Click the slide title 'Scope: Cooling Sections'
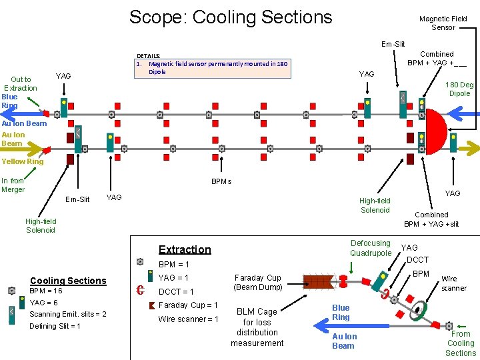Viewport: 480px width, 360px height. click(230, 17)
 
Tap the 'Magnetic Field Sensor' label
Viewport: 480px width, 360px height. click(443, 23)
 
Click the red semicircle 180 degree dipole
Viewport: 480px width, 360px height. click(440, 133)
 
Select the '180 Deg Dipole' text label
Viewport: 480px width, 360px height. click(459, 89)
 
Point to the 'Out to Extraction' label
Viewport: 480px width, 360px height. click(21, 83)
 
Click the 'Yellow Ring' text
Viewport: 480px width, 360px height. click(22, 161)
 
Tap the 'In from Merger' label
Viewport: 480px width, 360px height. click(13, 185)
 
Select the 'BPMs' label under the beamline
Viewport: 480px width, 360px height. click(221, 181)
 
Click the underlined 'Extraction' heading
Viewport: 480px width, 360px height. click(185, 249)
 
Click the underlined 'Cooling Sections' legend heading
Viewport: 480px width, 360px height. click(68, 281)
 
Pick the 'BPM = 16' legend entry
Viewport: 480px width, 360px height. click(46, 291)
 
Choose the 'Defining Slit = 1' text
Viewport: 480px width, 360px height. click(55, 326)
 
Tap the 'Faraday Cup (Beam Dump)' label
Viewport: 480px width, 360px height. click(257, 282)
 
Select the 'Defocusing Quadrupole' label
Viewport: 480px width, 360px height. click(371, 248)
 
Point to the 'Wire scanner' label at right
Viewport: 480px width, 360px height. click(454, 283)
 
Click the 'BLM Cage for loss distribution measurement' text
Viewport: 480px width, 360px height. click(257, 327)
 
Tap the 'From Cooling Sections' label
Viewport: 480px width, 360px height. click(461, 343)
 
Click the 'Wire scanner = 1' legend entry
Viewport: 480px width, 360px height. click(188, 319)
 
